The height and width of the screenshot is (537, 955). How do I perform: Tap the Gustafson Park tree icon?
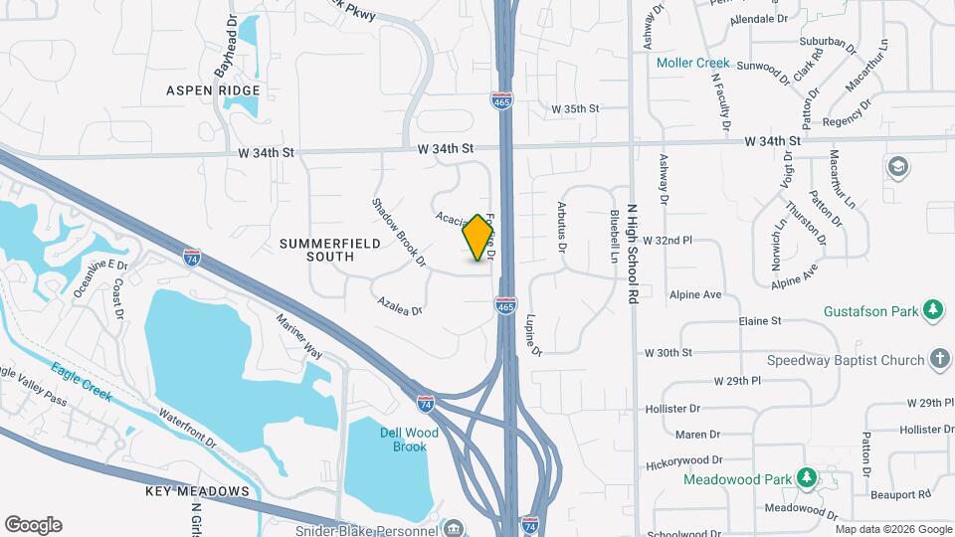[933, 311]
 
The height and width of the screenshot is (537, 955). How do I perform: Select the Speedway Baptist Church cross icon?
[940, 359]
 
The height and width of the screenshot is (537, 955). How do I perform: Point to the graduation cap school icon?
[899, 166]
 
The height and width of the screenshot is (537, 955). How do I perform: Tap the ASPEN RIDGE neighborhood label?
[214, 90]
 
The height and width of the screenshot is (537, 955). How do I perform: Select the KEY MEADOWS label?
[197, 491]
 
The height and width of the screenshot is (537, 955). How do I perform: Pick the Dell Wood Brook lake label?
[402, 440]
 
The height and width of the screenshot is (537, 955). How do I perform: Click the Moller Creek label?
[693, 63]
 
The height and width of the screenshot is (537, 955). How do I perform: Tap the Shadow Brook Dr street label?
[399, 232]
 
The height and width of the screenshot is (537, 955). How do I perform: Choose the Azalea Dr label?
[400, 304]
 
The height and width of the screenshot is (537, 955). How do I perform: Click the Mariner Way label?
[300, 337]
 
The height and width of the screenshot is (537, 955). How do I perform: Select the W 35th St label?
[576, 108]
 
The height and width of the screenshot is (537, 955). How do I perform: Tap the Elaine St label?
[761, 321]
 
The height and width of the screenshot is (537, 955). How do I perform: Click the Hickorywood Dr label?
[683, 460]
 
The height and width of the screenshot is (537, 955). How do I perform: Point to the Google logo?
[33, 525]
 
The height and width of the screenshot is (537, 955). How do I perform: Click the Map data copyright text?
[892, 529]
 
